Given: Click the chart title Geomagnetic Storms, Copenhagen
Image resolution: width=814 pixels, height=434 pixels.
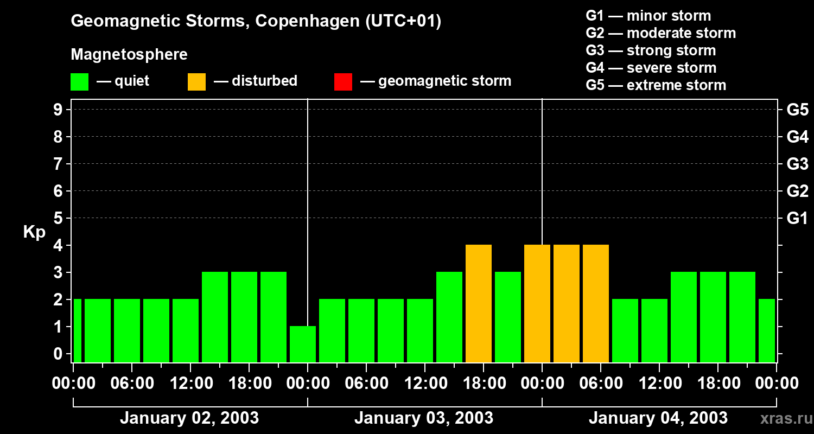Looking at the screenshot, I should point(256,21).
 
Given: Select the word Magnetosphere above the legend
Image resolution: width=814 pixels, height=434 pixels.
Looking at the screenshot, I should point(129,55).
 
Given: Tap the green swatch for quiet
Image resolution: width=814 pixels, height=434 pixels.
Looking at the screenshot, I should point(79,82).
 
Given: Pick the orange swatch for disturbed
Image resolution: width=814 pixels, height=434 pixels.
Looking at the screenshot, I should point(196,82).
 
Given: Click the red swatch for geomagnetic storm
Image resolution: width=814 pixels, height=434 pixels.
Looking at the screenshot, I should point(343,82).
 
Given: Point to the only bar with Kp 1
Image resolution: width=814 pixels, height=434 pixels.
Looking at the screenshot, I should point(303,344).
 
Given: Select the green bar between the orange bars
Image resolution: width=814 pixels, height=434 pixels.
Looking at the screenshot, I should point(508,317).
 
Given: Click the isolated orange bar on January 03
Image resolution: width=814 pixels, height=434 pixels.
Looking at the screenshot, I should point(479,303).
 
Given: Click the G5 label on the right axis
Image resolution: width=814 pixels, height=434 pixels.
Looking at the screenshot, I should point(797,110).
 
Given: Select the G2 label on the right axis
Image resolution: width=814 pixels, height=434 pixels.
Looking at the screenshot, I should point(797,192).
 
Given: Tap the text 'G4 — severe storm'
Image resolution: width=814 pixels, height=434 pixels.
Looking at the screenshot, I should point(651,68).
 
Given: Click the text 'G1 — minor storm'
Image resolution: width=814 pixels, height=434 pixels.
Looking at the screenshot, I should point(648,16).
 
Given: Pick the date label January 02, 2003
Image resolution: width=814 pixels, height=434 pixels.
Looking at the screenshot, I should point(189,418).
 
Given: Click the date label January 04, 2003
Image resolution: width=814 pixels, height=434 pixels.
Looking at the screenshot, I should point(658,418).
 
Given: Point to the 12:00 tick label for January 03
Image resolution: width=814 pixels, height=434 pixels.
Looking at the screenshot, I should point(425,384).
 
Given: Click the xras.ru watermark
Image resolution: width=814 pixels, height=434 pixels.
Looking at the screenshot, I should point(784,418).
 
